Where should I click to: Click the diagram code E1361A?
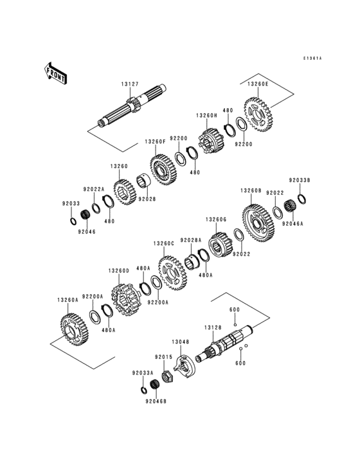pyautogui.click(x=312, y=59)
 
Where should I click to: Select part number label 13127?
pyautogui.click(x=129, y=84)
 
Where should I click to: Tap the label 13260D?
pyautogui.click(x=119, y=271)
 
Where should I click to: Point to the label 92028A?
pyautogui.click(x=191, y=239)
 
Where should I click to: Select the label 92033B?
pyautogui.click(x=298, y=181)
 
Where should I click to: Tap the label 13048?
pyautogui.click(x=180, y=342)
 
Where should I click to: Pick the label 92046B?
pyautogui.click(x=156, y=402)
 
